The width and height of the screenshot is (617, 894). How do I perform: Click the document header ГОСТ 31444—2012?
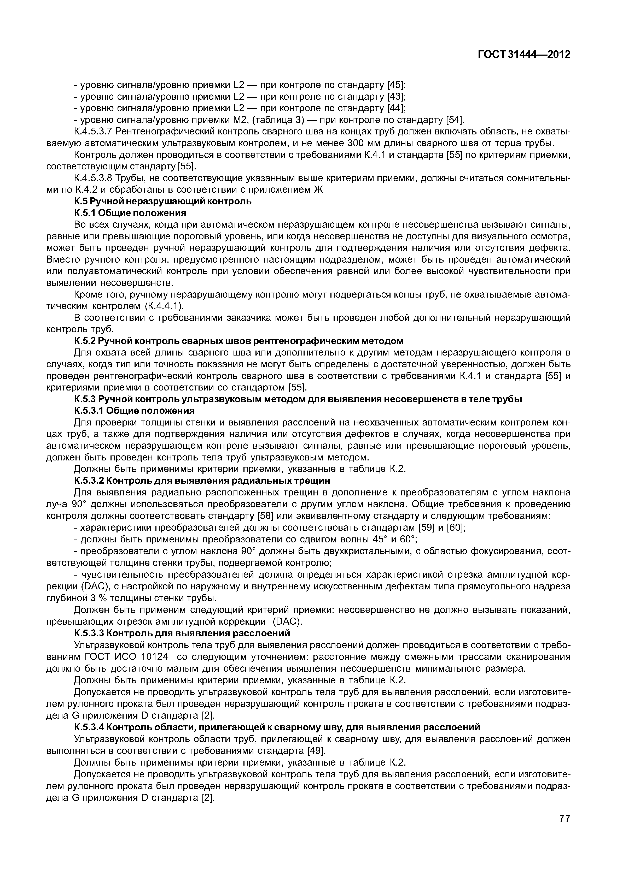524,55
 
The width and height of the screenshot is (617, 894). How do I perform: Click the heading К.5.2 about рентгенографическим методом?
238,341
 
